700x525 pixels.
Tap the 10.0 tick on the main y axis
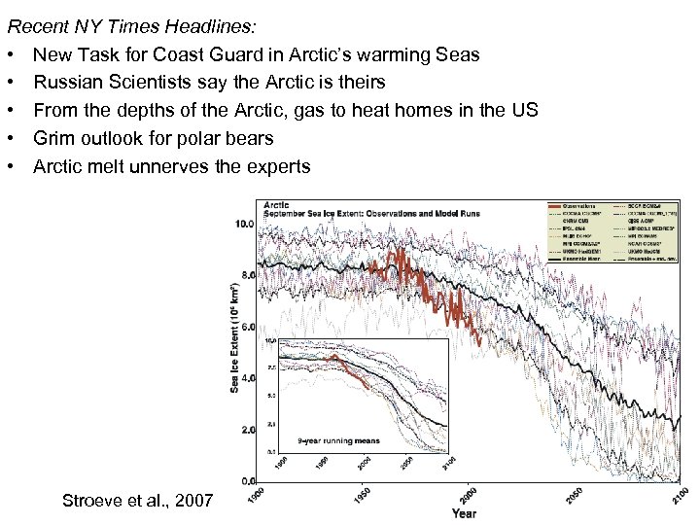click(245, 224)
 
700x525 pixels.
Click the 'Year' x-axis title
click(463, 512)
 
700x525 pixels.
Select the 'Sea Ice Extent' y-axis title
click(234, 340)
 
